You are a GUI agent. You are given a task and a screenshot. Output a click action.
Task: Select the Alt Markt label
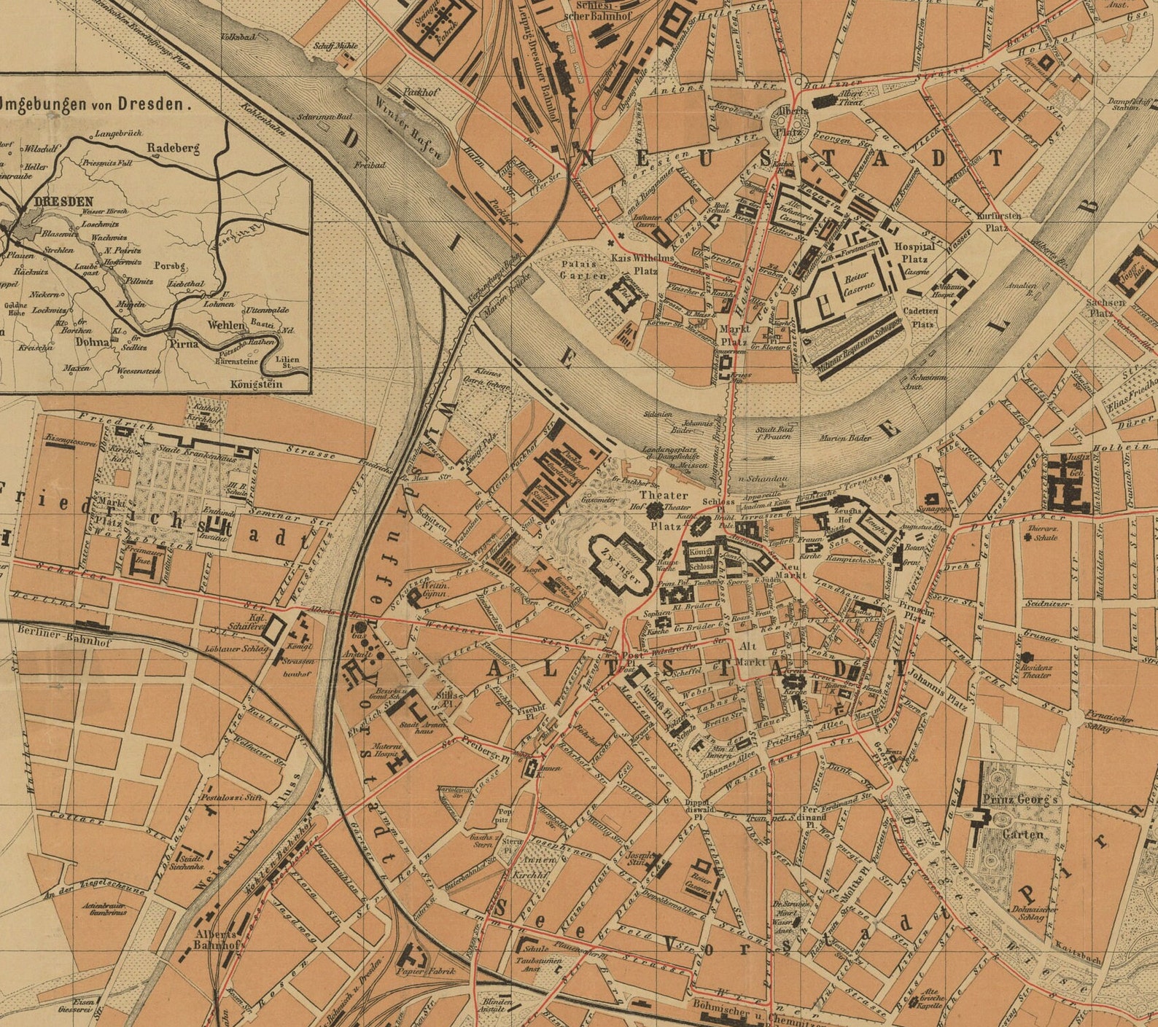tap(751, 654)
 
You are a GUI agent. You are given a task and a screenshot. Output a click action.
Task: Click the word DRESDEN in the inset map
tap(63, 202)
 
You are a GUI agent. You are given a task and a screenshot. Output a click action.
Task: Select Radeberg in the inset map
tap(173, 148)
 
